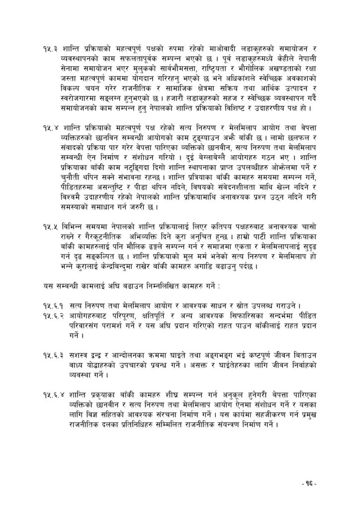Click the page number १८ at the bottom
309,483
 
